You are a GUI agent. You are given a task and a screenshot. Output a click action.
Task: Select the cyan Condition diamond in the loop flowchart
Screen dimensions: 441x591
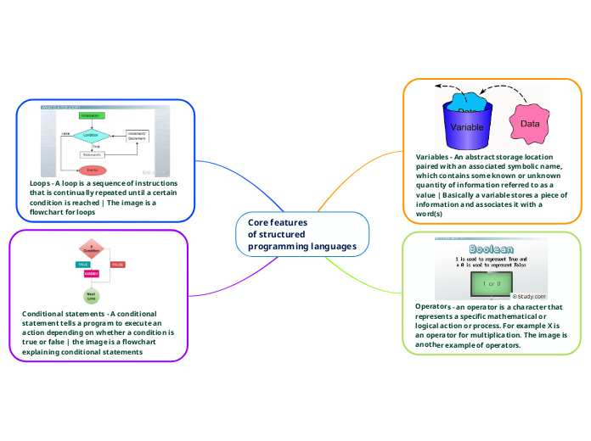[x=91, y=135]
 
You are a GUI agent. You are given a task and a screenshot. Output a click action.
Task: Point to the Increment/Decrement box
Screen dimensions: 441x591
[x=138, y=135]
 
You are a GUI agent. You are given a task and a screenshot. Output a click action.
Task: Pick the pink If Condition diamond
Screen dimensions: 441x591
[x=92, y=248]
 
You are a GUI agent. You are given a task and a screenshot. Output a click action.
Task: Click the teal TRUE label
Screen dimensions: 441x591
[x=83, y=265]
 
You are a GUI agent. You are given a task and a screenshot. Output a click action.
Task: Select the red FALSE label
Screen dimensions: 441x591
[x=118, y=265]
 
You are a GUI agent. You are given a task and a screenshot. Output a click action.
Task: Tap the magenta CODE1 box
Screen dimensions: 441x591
[x=92, y=273]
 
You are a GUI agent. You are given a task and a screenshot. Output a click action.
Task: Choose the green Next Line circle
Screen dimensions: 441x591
[x=91, y=296]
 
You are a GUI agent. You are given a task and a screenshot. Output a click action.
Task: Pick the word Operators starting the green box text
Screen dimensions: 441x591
[x=433, y=305]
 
